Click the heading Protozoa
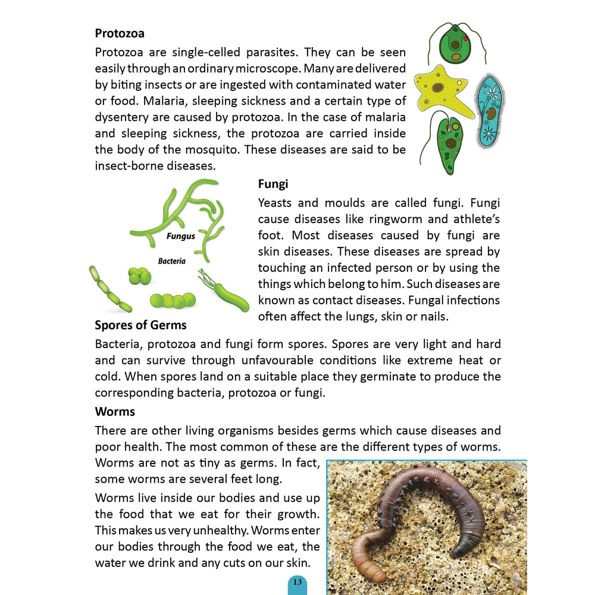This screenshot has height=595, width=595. point(120,34)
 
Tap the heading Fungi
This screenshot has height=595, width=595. point(273,184)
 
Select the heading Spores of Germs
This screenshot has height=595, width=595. point(140,325)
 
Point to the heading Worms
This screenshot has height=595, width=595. point(115,411)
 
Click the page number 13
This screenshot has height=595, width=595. point(297,582)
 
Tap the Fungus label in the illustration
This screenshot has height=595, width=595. point(180,236)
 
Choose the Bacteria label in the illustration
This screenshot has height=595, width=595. point(171,261)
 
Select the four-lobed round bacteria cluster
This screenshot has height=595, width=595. point(139,275)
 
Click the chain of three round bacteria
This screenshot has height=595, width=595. point(173,300)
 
